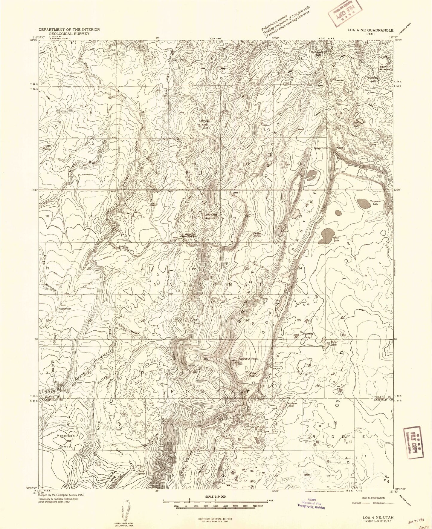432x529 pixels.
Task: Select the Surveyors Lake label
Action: [x=292, y=404]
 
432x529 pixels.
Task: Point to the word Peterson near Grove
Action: [x=65, y=436]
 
